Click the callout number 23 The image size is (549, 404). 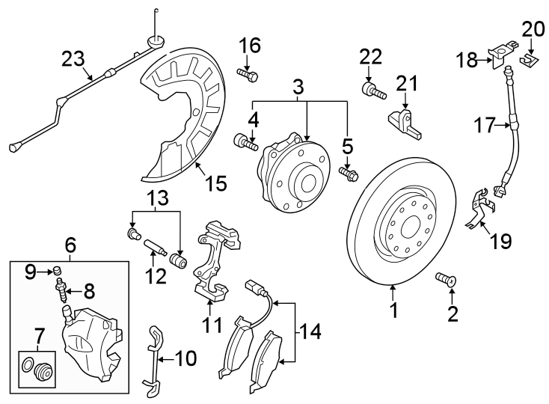click(x=73, y=58)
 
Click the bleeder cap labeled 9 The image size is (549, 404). click(x=55, y=269)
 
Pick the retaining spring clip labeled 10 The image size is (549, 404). click(x=153, y=359)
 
